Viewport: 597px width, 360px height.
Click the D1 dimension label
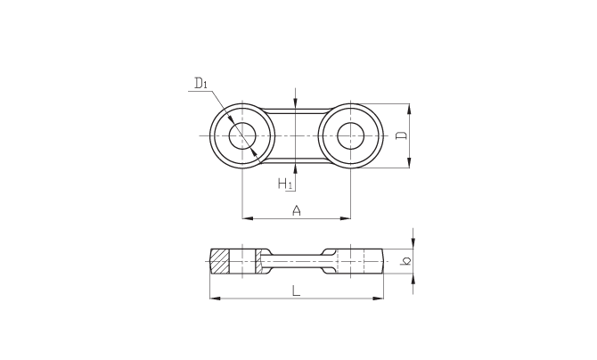pyautogui.click(x=200, y=83)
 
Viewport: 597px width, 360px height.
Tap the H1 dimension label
pyautogui.click(x=285, y=184)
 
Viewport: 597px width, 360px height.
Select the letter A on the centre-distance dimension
pyautogui.click(x=297, y=210)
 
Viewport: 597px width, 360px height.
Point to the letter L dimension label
pyautogui.click(x=296, y=291)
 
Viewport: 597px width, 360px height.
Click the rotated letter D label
pyautogui.click(x=402, y=135)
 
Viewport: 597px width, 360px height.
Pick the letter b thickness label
pyautogui.click(x=405, y=261)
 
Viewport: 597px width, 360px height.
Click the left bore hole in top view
pyautogui.click(x=242, y=135)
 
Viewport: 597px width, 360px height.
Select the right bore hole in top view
pyautogui.click(x=351, y=135)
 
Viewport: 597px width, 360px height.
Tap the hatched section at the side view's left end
pyautogui.click(x=220, y=261)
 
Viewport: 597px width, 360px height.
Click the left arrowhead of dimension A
pyautogui.click(x=248, y=218)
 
